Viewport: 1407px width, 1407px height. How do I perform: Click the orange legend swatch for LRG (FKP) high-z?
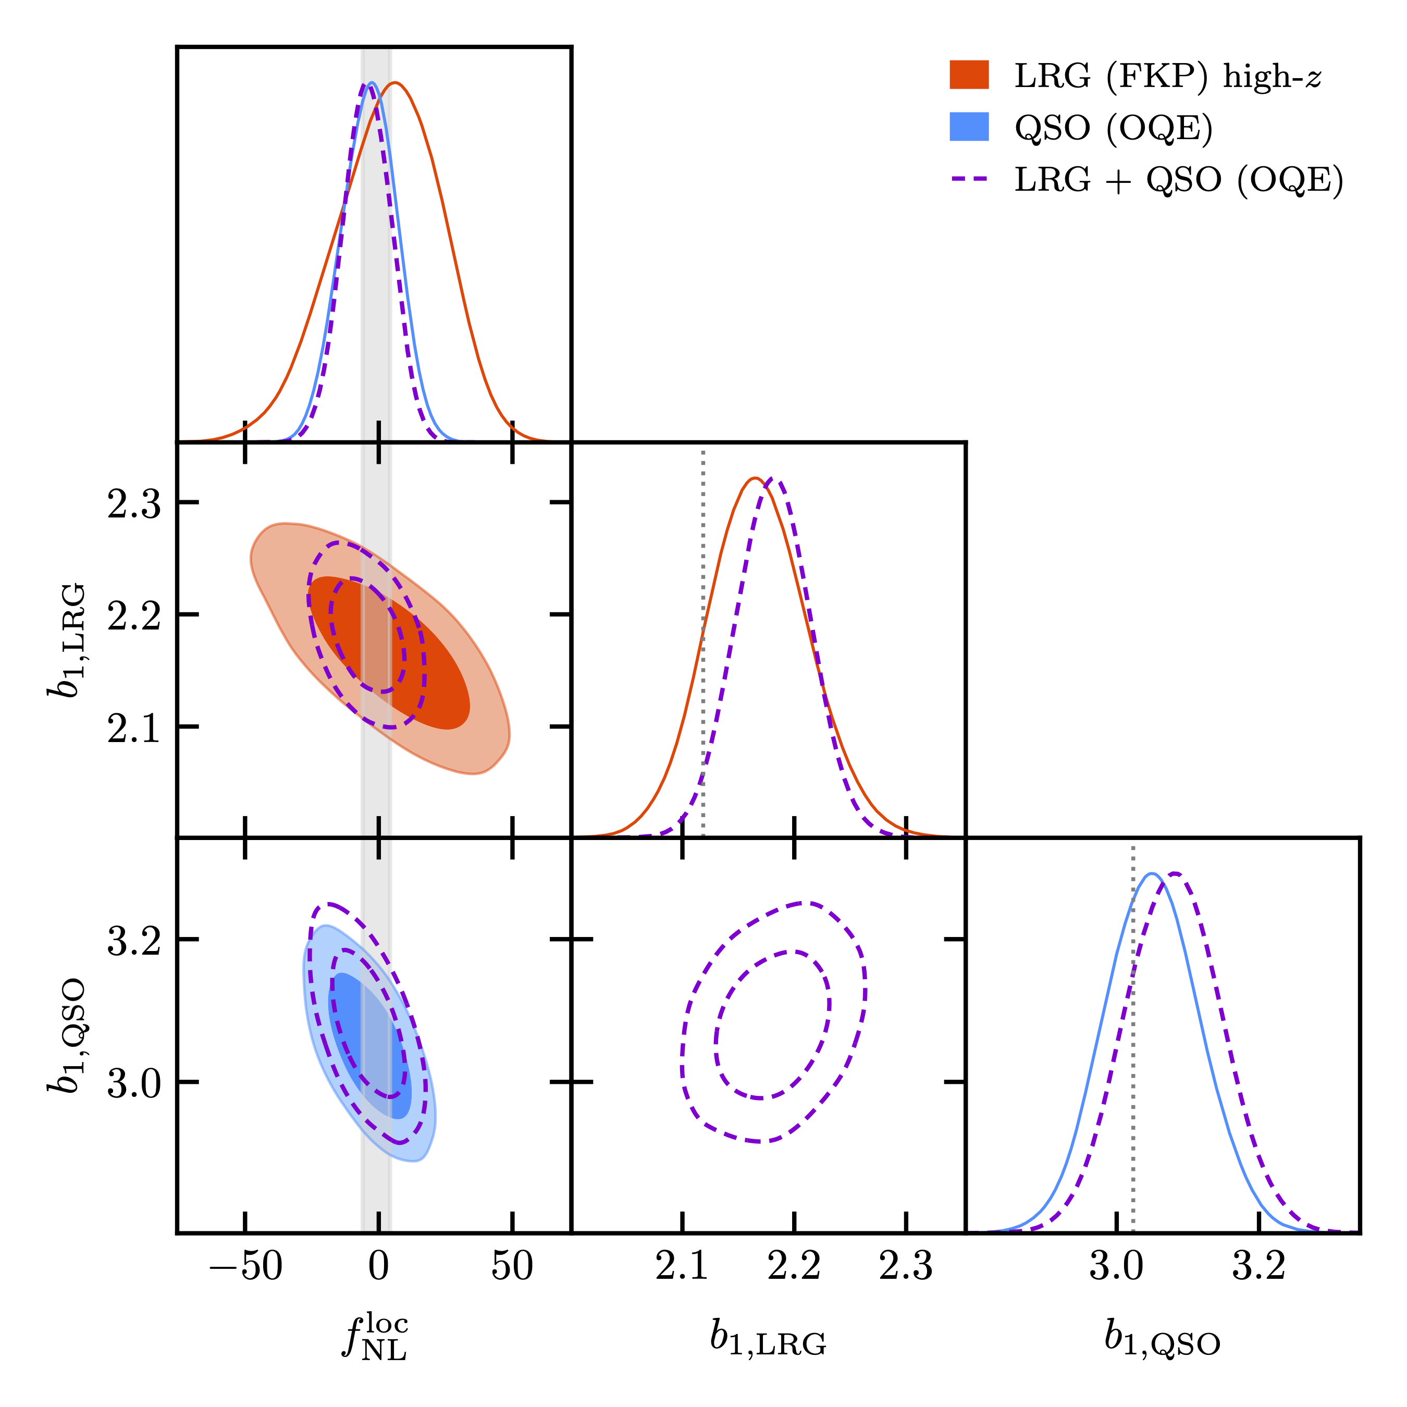pyautogui.click(x=969, y=75)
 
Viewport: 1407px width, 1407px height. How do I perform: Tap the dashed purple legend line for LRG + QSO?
pyautogui.click(x=969, y=178)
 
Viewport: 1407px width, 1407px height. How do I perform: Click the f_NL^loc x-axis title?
pyautogui.click(x=376, y=1336)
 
